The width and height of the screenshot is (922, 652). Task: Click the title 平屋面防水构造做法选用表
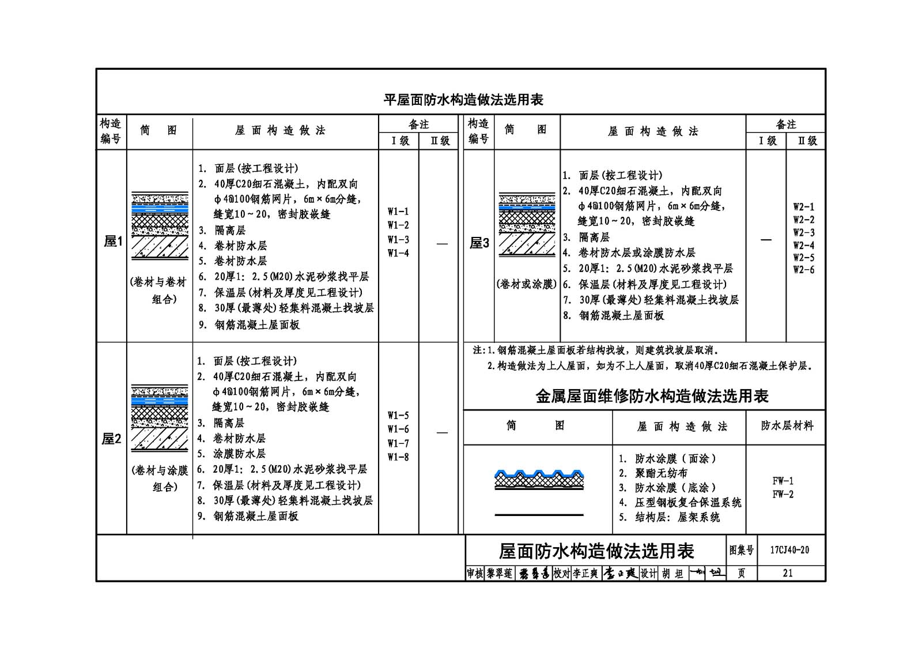tap(463, 100)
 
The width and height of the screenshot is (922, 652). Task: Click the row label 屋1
tap(113, 242)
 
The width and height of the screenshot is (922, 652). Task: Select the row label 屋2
tap(112, 439)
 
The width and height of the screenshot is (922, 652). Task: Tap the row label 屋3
tap(479, 243)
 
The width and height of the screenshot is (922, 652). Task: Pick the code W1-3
tap(398, 240)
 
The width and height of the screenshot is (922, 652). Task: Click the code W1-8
tap(398, 457)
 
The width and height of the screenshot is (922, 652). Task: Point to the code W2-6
tap(804, 270)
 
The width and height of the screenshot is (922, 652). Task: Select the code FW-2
tap(783, 495)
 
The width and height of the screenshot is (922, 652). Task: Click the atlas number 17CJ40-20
tap(789, 551)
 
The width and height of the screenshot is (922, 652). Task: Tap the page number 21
tap(788, 574)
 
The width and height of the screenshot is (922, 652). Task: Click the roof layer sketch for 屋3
tap(527, 225)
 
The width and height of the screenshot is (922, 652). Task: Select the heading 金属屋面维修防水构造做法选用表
tap(652, 396)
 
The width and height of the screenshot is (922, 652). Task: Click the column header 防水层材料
tap(787, 426)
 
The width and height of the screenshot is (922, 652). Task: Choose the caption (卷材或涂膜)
tap(527, 284)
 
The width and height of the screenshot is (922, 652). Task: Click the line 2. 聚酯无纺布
tap(653, 473)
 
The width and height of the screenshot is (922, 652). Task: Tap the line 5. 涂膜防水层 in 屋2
tap(231, 454)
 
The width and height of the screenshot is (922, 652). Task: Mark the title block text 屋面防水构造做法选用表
tap(596, 552)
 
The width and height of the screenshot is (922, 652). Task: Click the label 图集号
tap(741, 551)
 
